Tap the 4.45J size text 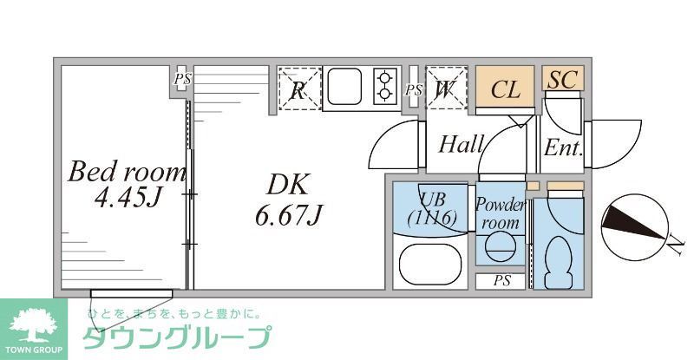(129, 199)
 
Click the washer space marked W (446, 89)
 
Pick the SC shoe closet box (562, 80)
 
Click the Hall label (461, 144)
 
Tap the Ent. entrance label (562, 147)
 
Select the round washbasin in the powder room (500, 249)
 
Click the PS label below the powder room (501, 281)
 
